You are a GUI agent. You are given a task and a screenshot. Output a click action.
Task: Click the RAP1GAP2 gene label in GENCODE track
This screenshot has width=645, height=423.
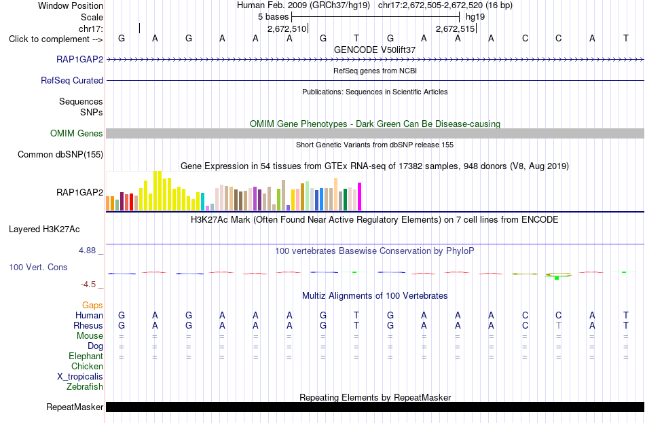[x=80, y=59]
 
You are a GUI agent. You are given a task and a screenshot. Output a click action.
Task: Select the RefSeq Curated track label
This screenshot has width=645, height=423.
[x=72, y=80]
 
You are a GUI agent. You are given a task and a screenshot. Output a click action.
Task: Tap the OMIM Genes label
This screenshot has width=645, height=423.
[x=77, y=133]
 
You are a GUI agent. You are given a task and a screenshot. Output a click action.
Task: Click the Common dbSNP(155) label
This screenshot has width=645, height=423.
[x=60, y=154]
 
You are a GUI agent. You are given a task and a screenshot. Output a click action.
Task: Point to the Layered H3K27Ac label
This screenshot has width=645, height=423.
[x=44, y=229]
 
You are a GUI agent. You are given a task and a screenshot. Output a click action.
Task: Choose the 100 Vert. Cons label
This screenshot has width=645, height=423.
[x=38, y=267]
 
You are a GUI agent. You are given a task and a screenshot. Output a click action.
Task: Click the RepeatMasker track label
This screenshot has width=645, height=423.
[x=75, y=407]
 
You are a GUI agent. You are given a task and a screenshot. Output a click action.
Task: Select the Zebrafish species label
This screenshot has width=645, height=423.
[x=85, y=387]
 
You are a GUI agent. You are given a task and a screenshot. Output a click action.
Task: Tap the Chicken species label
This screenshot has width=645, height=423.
[x=87, y=366]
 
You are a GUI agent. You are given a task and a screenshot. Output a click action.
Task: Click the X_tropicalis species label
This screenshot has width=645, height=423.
[x=80, y=377]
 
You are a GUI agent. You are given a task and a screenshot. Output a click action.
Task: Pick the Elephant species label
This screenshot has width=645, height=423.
[x=86, y=356]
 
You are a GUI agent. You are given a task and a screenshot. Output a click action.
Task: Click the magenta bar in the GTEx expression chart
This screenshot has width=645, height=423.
[x=360, y=197]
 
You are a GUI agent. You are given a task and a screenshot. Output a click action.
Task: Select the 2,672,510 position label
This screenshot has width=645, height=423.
[x=287, y=29]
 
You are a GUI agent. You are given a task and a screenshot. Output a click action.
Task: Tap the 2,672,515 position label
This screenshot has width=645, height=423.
[x=456, y=29]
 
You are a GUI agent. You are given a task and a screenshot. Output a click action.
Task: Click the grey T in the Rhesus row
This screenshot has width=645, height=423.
[x=558, y=325]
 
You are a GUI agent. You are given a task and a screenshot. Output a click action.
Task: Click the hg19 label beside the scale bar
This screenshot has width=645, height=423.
[x=475, y=17]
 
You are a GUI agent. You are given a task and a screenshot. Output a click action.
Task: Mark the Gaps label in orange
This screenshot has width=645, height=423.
[x=92, y=305]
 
